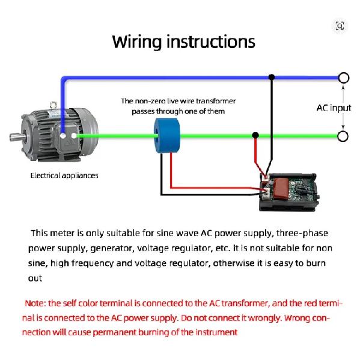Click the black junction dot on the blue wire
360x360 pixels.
pyautogui.click(x=272, y=77)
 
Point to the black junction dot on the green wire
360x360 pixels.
pyautogui.click(x=255, y=135)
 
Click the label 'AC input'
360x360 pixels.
pyautogui.click(x=334, y=108)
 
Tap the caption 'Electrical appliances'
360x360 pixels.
pyautogui.click(x=64, y=175)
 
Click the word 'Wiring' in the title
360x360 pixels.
pyautogui.click(x=137, y=42)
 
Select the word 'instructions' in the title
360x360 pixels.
pyautogui.click(x=211, y=41)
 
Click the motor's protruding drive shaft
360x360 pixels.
pyautogui.click(x=17, y=137)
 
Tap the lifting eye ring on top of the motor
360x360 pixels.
pyautogui.click(x=53, y=105)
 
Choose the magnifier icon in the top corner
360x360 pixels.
pyautogui.click(x=340, y=26)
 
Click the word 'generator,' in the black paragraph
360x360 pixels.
pyautogui.click(x=112, y=249)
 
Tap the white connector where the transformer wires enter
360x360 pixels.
pyautogui.click(x=267, y=193)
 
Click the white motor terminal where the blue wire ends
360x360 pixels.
pyautogui.click(x=63, y=136)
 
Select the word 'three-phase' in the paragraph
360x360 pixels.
pyautogui.click(x=302, y=233)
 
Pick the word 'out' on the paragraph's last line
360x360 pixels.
pyautogui.click(x=35, y=278)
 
